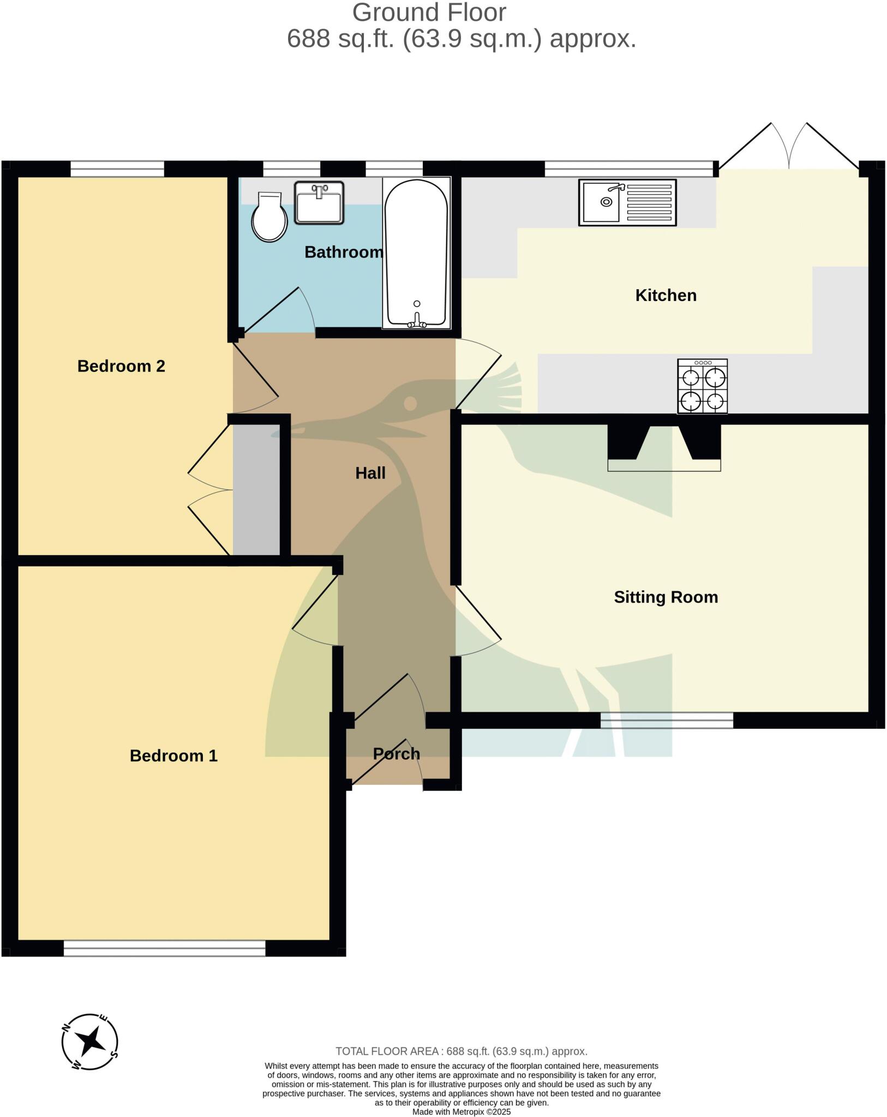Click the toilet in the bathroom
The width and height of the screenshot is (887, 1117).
tap(269, 217)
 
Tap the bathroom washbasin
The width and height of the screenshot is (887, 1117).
tap(319, 203)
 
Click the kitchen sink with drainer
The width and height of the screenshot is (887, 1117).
tap(627, 203)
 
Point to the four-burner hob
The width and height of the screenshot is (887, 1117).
tap(702, 386)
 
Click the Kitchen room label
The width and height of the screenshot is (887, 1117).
tap(666, 296)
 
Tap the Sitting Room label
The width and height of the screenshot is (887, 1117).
tap(666, 597)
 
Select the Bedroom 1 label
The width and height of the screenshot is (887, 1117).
tap(173, 755)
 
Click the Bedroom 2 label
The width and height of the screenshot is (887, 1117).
tap(121, 366)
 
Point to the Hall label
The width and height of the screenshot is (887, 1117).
tap(370, 473)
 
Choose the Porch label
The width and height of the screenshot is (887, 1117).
tap(397, 754)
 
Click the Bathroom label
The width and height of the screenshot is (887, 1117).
tap(344, 252)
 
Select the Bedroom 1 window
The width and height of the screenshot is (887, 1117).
tap(164, 948)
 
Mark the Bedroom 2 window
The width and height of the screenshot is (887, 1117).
tap(117, 169)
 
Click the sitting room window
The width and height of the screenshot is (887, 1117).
tap(667, 720)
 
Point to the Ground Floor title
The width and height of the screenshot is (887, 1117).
tap(429, 13)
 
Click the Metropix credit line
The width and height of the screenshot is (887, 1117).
tap(462, 1112)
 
